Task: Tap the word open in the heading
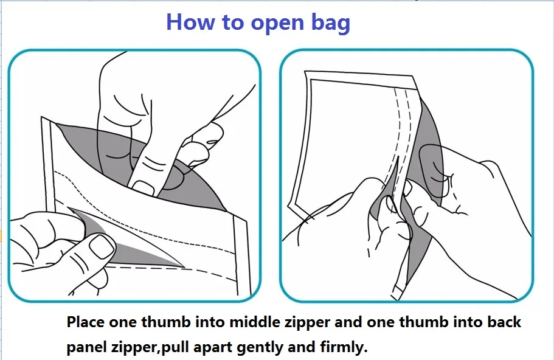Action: [x=277, y=24]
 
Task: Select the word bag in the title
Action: [x=331, y=23]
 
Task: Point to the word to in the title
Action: [x=233, y=22]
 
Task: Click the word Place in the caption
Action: [x=86, y=322]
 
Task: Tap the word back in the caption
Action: [x=504, y=322]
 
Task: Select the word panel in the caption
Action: [x=86, y=347]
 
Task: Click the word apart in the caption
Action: [x=213, y=348]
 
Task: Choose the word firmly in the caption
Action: [x=344, y=347]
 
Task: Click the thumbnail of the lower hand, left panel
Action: [x=102, y=246]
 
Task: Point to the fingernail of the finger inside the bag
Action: [x=144, y=187]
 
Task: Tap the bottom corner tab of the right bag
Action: [x=398, y=292]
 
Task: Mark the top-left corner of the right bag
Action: [x=305, y=72]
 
